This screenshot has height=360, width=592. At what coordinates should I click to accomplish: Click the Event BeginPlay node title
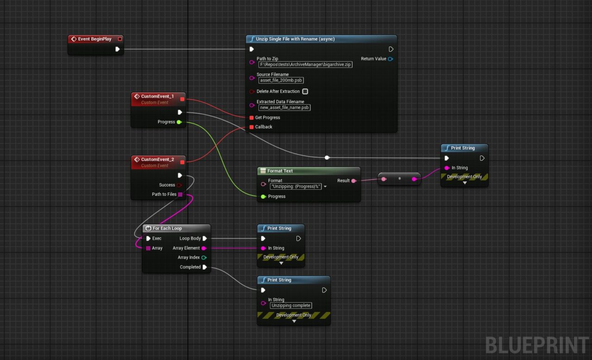click(95, 39)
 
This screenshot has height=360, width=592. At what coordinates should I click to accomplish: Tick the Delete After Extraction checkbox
click(305, 92)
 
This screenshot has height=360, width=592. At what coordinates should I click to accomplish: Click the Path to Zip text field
click(305, 64)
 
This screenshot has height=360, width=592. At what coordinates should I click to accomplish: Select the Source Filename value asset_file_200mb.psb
click(281, 81)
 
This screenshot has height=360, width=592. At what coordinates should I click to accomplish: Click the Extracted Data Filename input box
click(284, 107)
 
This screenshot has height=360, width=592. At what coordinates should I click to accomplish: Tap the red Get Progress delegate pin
click(251, 118)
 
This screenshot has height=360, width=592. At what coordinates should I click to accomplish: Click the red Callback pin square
click(251, 127)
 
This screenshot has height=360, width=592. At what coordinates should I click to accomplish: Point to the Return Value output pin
click(390, 59)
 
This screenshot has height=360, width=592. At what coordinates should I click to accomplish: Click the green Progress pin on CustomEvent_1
click(179, 122)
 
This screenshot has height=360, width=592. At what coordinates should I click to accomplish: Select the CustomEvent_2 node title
click(158, 159)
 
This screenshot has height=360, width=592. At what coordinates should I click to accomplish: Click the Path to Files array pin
click(180, 194)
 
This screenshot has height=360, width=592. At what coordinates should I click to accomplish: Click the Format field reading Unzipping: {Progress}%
click(296, 186)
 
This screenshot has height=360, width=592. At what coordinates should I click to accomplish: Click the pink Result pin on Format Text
click(354, 181)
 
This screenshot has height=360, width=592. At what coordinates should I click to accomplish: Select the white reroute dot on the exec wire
click(327, 158)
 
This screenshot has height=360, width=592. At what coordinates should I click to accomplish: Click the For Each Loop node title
click(167, 229)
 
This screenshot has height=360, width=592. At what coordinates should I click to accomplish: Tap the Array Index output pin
click(204, 258)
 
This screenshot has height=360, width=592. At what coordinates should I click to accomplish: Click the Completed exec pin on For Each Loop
click(204, 267)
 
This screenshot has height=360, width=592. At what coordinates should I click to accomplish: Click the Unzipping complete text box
click(291, 305)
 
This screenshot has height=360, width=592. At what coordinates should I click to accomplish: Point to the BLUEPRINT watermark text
click(537, 345)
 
